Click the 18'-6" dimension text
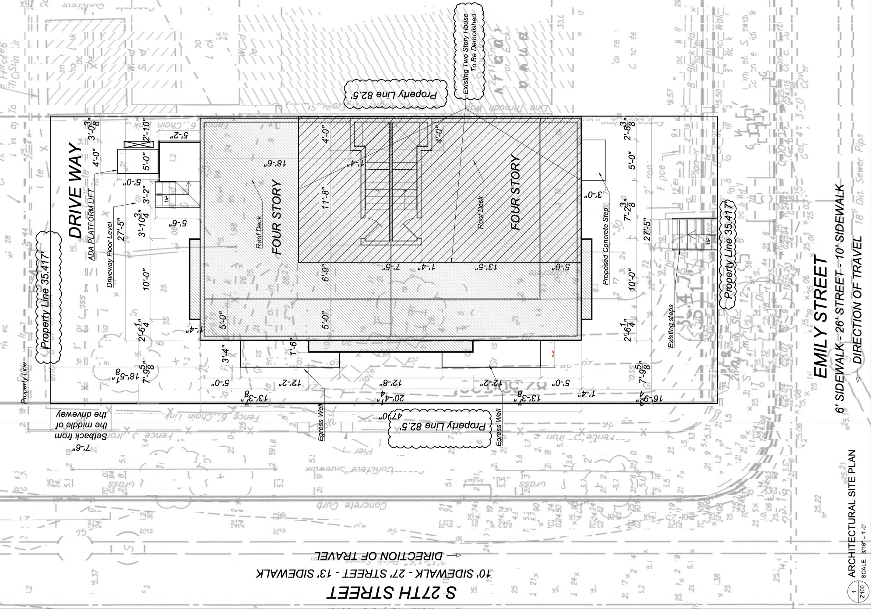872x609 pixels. [275, 163]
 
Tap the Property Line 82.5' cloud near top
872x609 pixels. [397, 94]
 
